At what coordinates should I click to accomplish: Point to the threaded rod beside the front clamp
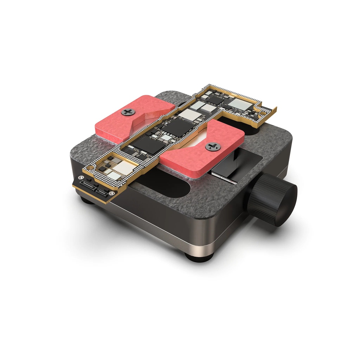tap(225, 178)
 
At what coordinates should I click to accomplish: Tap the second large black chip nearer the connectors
tap(147, 144)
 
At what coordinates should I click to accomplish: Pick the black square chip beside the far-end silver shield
tap(214, 100)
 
